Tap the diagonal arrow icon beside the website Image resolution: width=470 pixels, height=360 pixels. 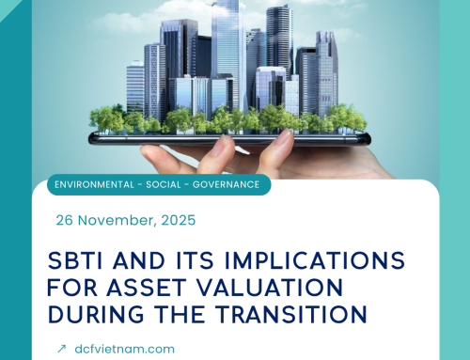[x=62, y=348]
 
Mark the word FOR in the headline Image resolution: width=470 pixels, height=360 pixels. [x=75, y=285]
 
